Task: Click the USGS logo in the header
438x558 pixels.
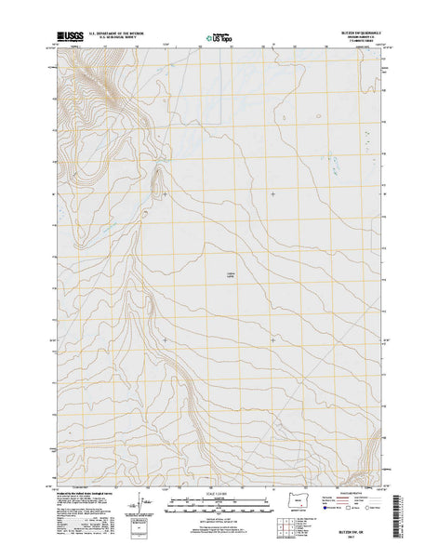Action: [x=71, y=40]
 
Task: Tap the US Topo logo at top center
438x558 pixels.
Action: [x=220, y=40]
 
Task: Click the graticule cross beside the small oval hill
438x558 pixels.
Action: [x=165, y=193]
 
